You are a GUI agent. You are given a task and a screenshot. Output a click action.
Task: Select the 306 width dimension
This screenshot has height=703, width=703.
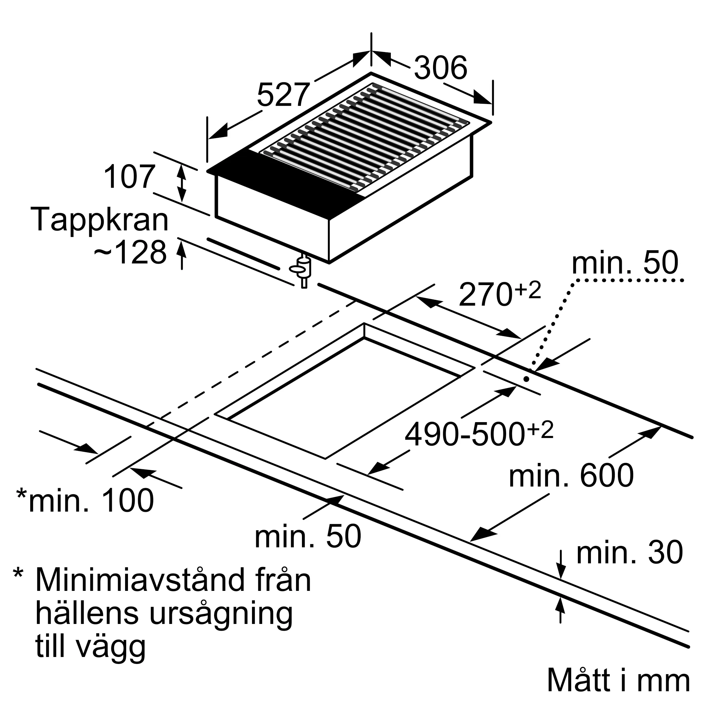coord(440,68)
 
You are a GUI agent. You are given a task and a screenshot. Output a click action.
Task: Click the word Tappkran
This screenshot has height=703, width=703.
coord(100,219)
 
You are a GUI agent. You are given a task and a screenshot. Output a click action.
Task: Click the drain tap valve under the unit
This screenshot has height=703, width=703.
coord(302,270)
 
